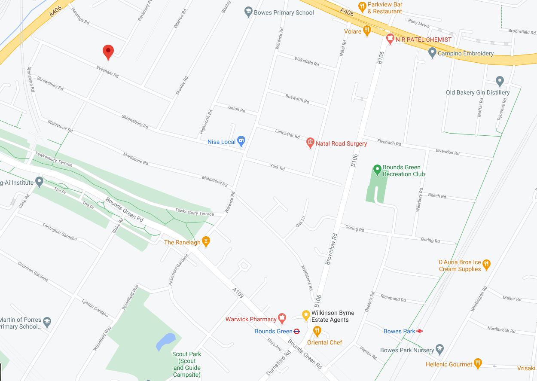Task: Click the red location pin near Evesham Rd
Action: coord(108,52)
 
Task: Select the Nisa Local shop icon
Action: coord(241,141)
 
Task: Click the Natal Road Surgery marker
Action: coord(310,143)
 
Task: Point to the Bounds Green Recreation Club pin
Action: coord(377,170)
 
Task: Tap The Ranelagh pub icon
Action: coord(206,242)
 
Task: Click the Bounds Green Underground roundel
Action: coord(296,331)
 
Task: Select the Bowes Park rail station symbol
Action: coord(420,331)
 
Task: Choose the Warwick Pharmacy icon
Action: coord(282,319)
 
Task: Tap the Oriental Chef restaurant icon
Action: coord(317,331)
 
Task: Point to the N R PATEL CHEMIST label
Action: coord(424,40)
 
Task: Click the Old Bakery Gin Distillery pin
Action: coord(499,81)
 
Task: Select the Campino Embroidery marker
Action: coord(433,53)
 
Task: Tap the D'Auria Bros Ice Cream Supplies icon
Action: coord(486,264)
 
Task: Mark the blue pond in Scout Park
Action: coord(166,342)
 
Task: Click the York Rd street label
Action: coord(277,167)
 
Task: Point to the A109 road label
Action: coord(238,293)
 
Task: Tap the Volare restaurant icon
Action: coord(367,30)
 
